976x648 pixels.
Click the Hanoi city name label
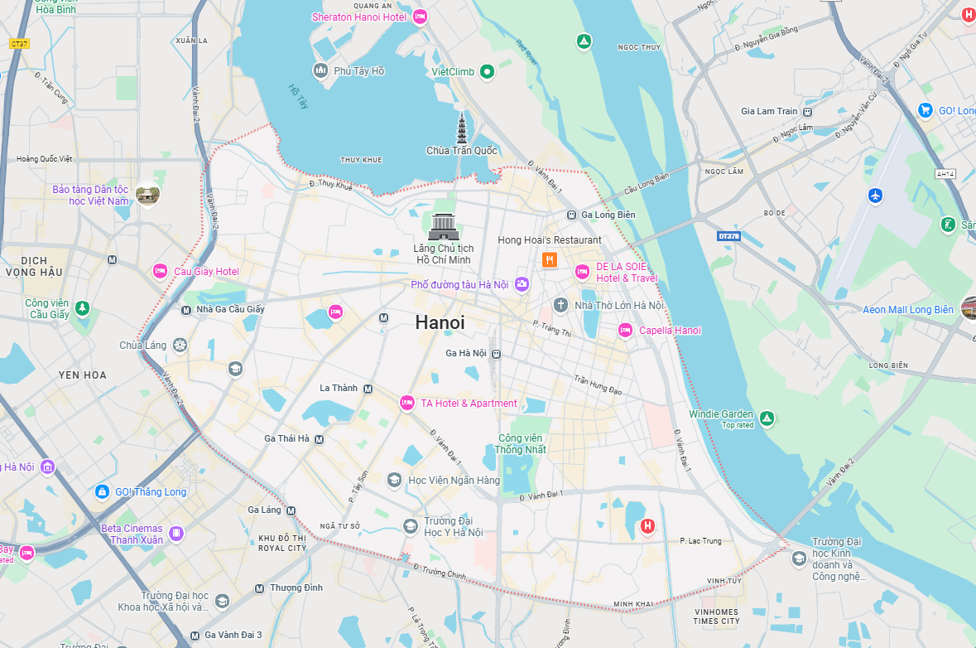click(440, 322)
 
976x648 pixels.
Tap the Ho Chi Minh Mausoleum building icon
click(444, 226)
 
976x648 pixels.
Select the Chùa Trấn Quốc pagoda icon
click(462, 128)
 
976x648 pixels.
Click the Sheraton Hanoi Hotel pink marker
click(420, 17)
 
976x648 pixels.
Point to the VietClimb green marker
click(488, 71)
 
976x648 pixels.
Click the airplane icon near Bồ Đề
click(876, 196)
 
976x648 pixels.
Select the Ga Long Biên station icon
click(571, 215)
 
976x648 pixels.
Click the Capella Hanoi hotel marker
click(625, 331)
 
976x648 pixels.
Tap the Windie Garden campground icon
click(767, 418)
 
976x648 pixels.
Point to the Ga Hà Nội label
click(466, 353)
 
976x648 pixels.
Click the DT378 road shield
click(728, 236)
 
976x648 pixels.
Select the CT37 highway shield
click(19, 43)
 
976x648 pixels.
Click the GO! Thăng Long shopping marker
click(102, 491)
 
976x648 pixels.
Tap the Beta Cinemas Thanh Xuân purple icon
click(175, 534)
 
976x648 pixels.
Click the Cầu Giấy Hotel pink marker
click(161, 271)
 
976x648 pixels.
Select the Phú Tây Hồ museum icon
click(320, 70)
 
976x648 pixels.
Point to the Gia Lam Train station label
click(769, 111)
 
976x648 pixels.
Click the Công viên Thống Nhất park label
click(521, 443)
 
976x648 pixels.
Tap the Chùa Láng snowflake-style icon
click(179, 345)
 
